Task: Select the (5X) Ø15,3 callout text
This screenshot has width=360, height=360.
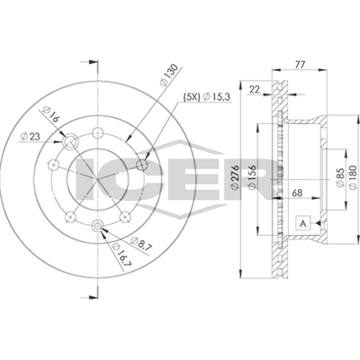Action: (207, 97)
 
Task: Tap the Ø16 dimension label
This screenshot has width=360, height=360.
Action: (49, 114)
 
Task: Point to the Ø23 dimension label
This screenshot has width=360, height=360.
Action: (30, 136)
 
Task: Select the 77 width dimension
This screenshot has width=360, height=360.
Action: (300, 65)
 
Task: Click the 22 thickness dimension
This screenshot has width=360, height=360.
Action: (255, 89)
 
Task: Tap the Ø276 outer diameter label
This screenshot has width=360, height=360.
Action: (235, 177)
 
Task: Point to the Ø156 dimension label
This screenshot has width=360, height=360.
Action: (252, 177)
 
